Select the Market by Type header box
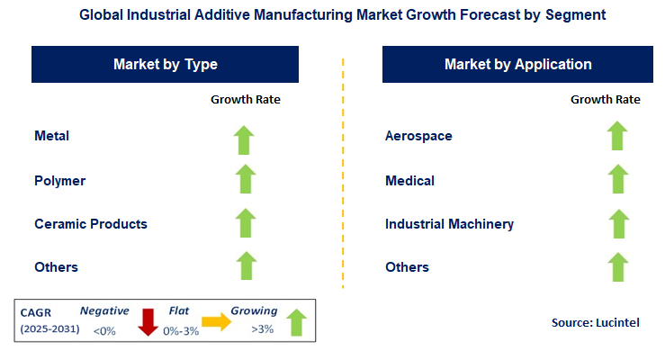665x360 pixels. (165, 65)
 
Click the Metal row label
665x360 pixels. (51, 136)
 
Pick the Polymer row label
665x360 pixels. (59, 180)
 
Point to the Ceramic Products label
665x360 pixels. (90, 223)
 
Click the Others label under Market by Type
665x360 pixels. (56, 266)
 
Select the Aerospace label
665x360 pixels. (418, 136)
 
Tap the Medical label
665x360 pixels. (409, 180)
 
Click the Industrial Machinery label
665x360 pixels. (449, 223)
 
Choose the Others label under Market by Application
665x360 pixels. (407, 266)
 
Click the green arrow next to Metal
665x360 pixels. (245, 139)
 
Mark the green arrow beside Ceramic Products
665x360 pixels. (245, 222)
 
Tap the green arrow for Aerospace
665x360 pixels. (616, 136)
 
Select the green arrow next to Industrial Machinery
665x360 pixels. (616, 222)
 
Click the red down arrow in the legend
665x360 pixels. (148, 319)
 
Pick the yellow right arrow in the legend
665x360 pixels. (217, 320)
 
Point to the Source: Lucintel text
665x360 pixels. (594, 321)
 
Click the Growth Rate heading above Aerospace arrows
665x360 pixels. (606, 99)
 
